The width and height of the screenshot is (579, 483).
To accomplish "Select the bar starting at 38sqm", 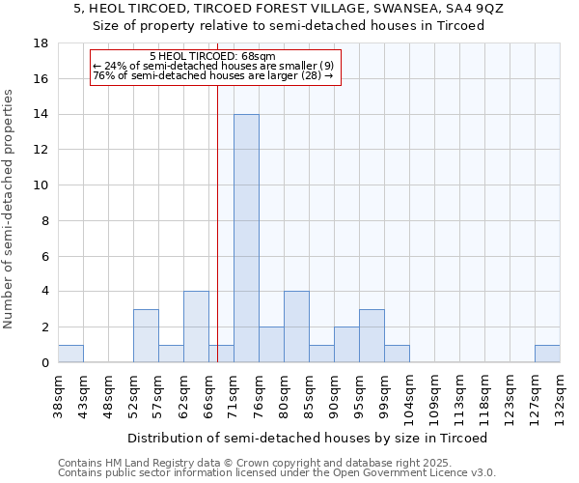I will (70, 354).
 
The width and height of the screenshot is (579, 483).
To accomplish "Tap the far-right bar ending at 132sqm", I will (547, 354).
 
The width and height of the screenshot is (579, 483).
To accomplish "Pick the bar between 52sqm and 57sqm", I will (146, 336).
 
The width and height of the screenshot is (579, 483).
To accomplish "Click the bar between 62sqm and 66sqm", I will (196, 327).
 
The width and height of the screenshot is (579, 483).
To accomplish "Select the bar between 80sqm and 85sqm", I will (296, 327).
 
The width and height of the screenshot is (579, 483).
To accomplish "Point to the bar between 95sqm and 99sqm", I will (372, 336).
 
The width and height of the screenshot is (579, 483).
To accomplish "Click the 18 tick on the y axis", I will (41, 43).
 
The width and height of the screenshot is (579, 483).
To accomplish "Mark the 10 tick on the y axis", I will (41, 185).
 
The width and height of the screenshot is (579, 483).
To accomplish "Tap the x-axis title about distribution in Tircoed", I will (308, 438).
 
